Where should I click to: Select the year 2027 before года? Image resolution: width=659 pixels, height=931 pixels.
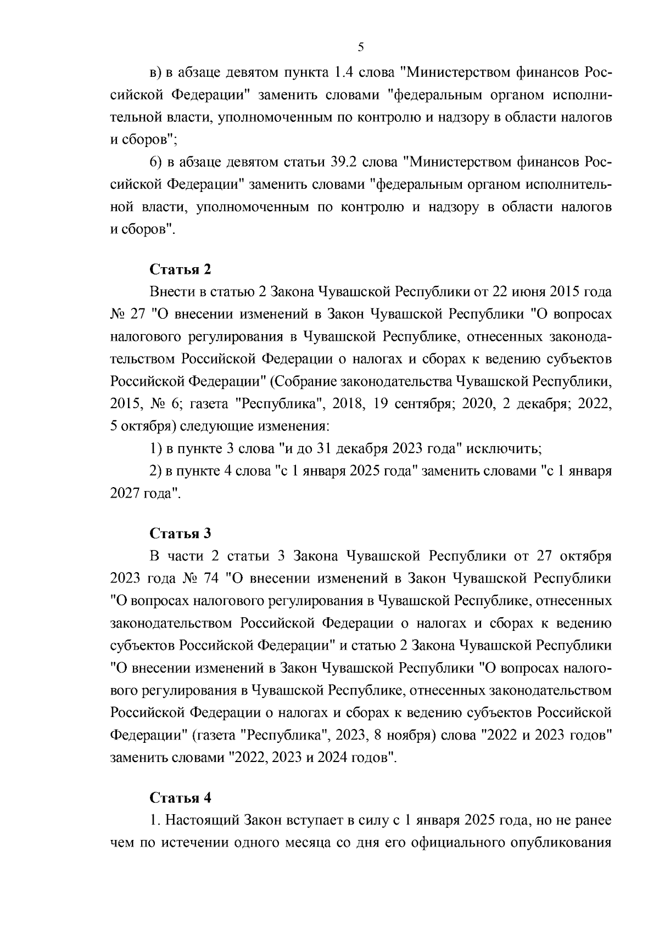[125, 493]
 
